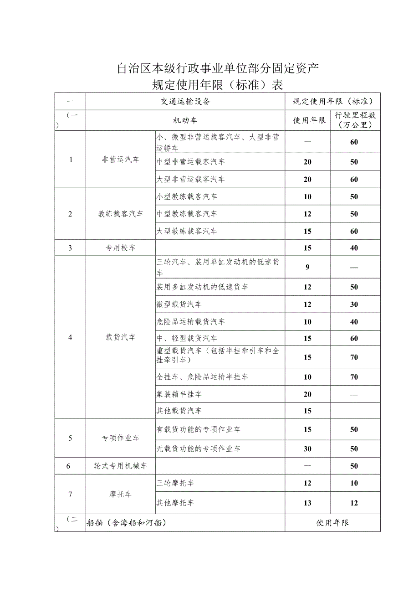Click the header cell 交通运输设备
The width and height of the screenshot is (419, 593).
click(185, 102)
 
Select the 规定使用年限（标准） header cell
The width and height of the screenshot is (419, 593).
click(332, 102)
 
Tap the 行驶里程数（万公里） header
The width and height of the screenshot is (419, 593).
click(355, 120)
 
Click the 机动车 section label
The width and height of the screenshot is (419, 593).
click(185, 120)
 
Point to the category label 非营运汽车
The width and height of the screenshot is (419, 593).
click(121, 160)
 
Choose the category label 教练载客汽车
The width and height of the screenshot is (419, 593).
click(121, 214)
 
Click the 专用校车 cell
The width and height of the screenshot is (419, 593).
click(121, 248)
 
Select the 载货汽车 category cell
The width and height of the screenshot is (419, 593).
click(121, 337)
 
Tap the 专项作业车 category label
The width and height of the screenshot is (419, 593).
click(121, 438)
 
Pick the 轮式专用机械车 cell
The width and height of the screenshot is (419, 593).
click(121, 466)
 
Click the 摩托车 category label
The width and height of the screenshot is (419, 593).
click(121, 494)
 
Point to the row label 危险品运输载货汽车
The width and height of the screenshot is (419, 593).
click(190, 322)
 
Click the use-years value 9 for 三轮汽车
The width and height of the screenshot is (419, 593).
click(308, 267)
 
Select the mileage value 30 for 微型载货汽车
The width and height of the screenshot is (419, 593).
click(354, 304)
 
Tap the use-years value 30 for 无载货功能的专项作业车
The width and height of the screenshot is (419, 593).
click(308, 449)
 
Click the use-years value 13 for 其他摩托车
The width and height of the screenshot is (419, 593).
click(308, 503)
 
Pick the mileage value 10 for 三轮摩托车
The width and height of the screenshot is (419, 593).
click(354, 483)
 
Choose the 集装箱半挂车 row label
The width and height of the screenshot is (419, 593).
click(179, 394)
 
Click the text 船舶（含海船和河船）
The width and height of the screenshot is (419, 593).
click(126, 523)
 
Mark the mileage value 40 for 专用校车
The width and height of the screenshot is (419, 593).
click(354, 248)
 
